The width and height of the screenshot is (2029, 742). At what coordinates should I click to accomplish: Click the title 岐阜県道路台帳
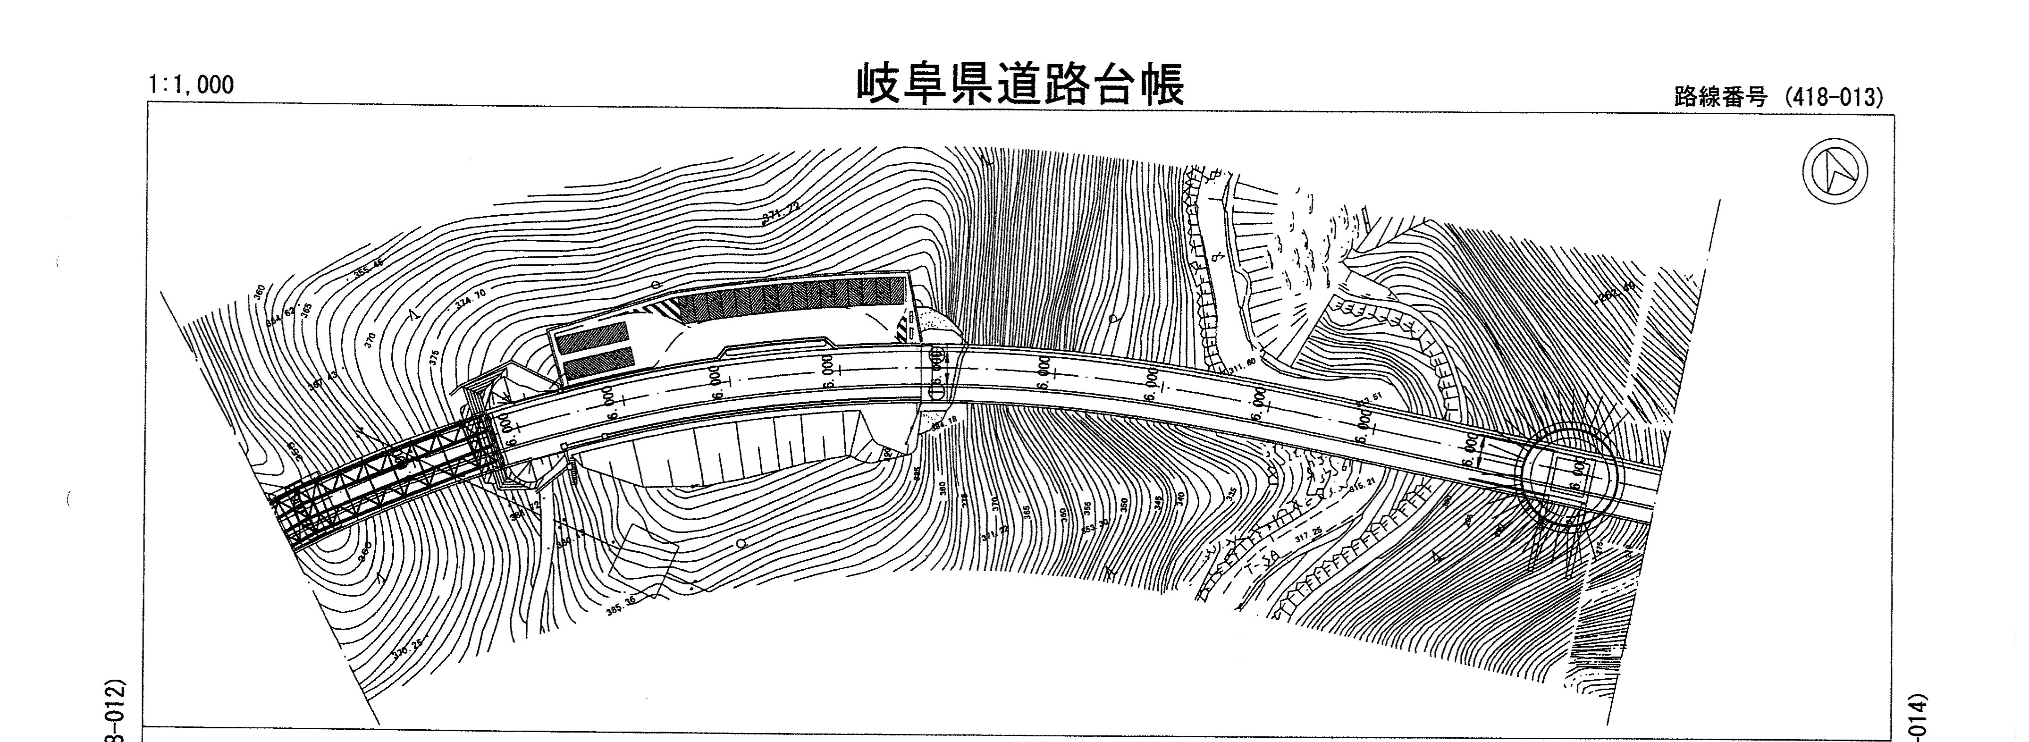coord(1020,86)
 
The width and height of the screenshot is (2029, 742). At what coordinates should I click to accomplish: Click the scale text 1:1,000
coord(191,85)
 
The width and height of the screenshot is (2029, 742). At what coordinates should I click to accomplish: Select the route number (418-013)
coord(1778,98)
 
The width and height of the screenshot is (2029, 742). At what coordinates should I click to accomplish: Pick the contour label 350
coord(1124,503)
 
